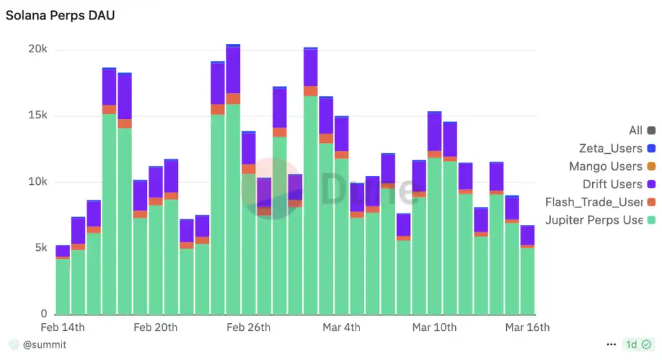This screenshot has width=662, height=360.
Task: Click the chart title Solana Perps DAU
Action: pyautogui.click(x=60, y=16)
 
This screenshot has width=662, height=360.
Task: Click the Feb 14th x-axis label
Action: pyautogui.click(x=63, y=328)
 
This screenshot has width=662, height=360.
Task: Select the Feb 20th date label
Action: pyautogui.click(x=155, y=328)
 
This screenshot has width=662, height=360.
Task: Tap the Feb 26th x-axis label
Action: pyautogui.click(x=248, y=328)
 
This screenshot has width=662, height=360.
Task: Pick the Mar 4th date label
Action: pyautogui.click(x=341, y=328)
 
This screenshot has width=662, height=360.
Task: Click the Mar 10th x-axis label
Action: pyautogui.click(x=434, y=328)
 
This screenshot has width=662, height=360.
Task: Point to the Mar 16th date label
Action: pyautogui.click(x=528, y=328)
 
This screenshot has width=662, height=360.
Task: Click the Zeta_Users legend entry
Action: pyautogui.click(x=610, y=149)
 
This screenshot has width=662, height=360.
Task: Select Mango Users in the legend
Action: pyautogui.click(x=606, y=167)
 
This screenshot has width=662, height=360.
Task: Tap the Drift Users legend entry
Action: pyautogui.click(x=612, y=184)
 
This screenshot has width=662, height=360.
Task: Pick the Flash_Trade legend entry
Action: pyautogui.click(x=593, y=202)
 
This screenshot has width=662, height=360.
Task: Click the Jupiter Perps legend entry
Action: pyautogui.click(x=593, y=220)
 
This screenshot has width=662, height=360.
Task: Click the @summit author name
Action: pyautogui.click(x=45, y=345)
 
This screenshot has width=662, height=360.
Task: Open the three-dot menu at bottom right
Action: pyautogui.click(x=612, y=345)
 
